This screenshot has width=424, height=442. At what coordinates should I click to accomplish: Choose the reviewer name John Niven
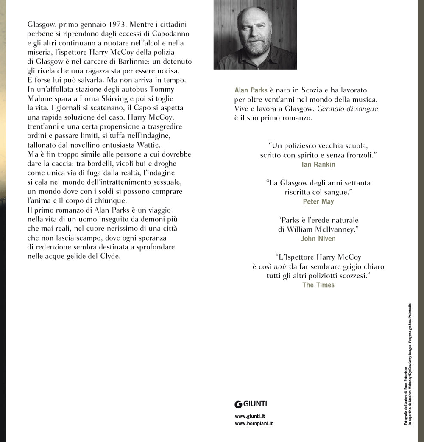click(x=318, y=238)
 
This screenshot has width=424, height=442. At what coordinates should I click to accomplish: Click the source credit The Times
click(x=318, y=285)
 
